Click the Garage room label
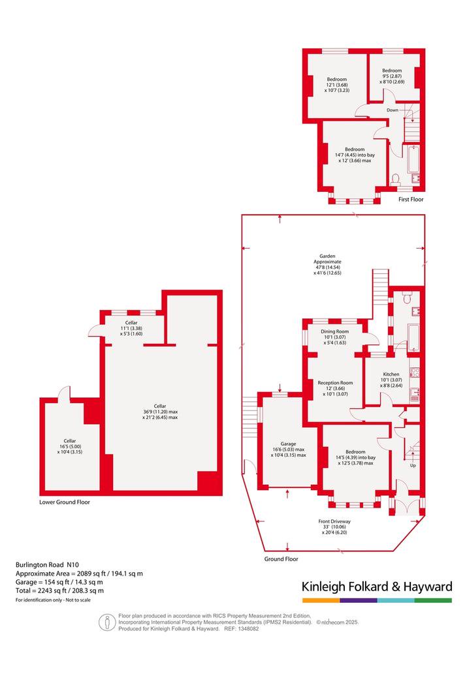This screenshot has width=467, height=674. (x=289, y=444)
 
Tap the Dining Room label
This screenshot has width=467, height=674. (x=335, y=332)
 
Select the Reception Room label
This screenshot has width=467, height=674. (x=335, y=382)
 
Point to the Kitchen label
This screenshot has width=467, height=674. (x=391, y=375)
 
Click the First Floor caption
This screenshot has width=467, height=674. (x=411, y=200)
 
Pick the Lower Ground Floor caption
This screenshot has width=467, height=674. (x=65, y=502)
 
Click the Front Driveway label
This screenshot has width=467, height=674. (x=334, y=521)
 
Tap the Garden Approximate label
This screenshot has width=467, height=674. (x=327, y=259)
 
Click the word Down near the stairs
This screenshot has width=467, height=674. (x=392, y=110)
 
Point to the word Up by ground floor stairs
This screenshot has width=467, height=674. (x=413, y=465)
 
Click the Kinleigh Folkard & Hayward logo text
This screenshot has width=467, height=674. (x=377, y=587)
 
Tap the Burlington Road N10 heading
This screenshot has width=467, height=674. (x=47, y=565)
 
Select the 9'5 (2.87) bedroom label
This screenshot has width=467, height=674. (x=392, y=76)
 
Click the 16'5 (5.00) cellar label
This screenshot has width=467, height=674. (x=70, y=446)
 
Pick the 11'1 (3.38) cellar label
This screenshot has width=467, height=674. (x=131, y=328)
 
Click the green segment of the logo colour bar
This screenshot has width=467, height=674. (x=434, y=600)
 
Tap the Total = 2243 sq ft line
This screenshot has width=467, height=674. (x=59, y=590)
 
